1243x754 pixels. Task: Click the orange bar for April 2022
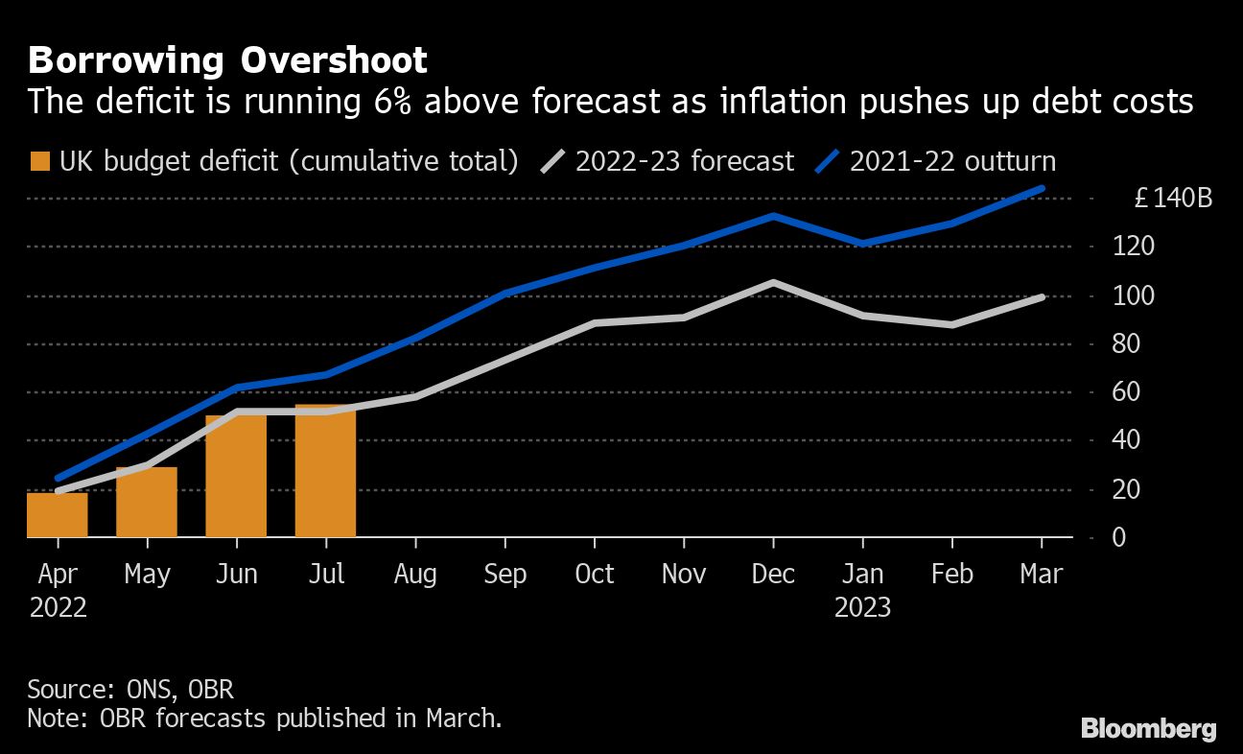coord(58,514)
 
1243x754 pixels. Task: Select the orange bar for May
coord(147,502)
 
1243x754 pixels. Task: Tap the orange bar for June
coord(236,476)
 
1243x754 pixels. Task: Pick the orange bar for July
coord(325,471)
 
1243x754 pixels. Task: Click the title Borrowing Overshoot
coord(227,60)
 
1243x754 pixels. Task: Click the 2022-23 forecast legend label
coord(684,160)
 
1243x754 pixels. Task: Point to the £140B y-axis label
coord(1173,199)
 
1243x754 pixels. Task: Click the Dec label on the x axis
coord(773,574)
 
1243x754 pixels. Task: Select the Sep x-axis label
coord(504,574)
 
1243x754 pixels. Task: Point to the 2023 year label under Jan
coord(862,607)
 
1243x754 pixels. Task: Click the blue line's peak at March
coord(1042,189)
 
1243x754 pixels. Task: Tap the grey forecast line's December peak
coord(773,283)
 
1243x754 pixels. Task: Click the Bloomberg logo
coord(1149,728)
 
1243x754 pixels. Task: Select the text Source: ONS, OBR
coord(130,689)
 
